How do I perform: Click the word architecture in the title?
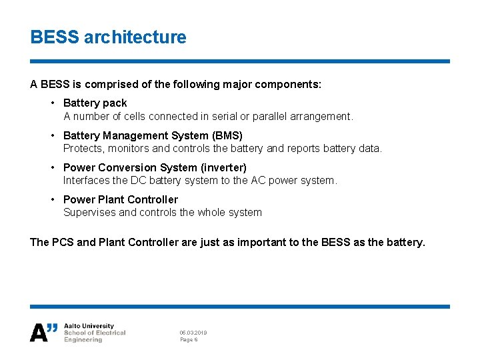pyautogui.click(x=135, y=37)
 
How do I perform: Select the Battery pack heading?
pyautogui.click(x=95, y=103)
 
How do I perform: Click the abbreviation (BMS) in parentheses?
pyautogui.click(x=227, y=135)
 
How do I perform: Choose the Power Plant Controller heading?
pyautogui.click(x=120, y=199)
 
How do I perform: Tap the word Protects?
pyautogui.click(x=83, y=149)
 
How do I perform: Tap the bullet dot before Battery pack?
pyautogui.click(x=53, y=103)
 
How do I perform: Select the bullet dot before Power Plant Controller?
pyautogui.click(x=53, y=199)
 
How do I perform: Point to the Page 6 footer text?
pyautogui.click(x=189, y=340)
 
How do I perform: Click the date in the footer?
pyautogui.click(x=193, y=332)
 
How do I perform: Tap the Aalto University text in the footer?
pyautogui.click(x=89, y=327)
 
